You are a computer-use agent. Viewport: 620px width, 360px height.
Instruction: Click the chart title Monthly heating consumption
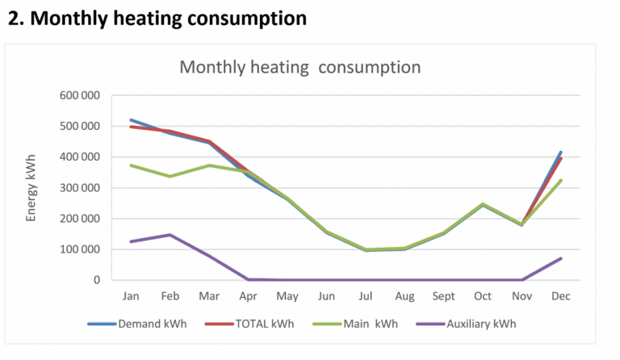[x=300, y=67]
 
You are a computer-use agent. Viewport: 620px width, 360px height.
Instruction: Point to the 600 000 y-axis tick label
[x=79, y=96]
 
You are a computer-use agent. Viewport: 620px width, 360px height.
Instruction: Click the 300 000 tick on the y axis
[x=79, y=188]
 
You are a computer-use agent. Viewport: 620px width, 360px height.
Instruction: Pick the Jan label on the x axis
[x=131, y=297]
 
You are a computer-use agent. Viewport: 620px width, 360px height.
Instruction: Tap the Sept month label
[x=444, y=297]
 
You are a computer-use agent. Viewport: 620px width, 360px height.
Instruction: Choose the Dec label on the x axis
[x=561, y=297]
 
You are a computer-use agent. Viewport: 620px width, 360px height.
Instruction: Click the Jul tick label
[x=366, y=297]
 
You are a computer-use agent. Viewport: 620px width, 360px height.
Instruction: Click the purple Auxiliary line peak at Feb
[x=170, y=235]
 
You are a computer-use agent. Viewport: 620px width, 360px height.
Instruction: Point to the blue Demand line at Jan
[x=131, y=120]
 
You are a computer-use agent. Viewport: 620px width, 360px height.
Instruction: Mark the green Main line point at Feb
[x=170, y=176]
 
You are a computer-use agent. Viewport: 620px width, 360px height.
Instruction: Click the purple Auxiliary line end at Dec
[x=561, y=258]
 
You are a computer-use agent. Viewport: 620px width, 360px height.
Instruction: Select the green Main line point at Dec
[x=561, y=180]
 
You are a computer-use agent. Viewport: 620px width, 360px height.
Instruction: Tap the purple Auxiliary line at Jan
[x=131, y=241]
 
